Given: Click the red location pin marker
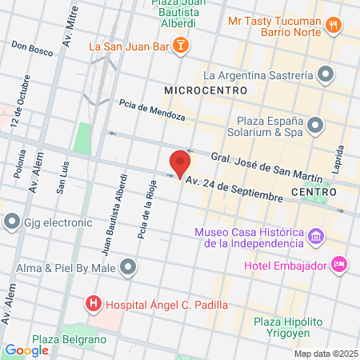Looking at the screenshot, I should point(180,162).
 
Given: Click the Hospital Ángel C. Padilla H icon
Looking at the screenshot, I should point(94,304).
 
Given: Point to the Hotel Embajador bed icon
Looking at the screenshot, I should point(339,262).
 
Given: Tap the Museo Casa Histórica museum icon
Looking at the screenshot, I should point(317,238).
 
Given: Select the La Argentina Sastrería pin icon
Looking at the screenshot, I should point(326,76).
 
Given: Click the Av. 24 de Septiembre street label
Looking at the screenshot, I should point(234,189).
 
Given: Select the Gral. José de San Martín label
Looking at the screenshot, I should point(266,166).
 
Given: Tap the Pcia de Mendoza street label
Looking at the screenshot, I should point(152,111).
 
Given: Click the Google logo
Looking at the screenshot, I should point(26,350).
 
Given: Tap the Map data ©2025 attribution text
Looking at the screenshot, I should point(325,353).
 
